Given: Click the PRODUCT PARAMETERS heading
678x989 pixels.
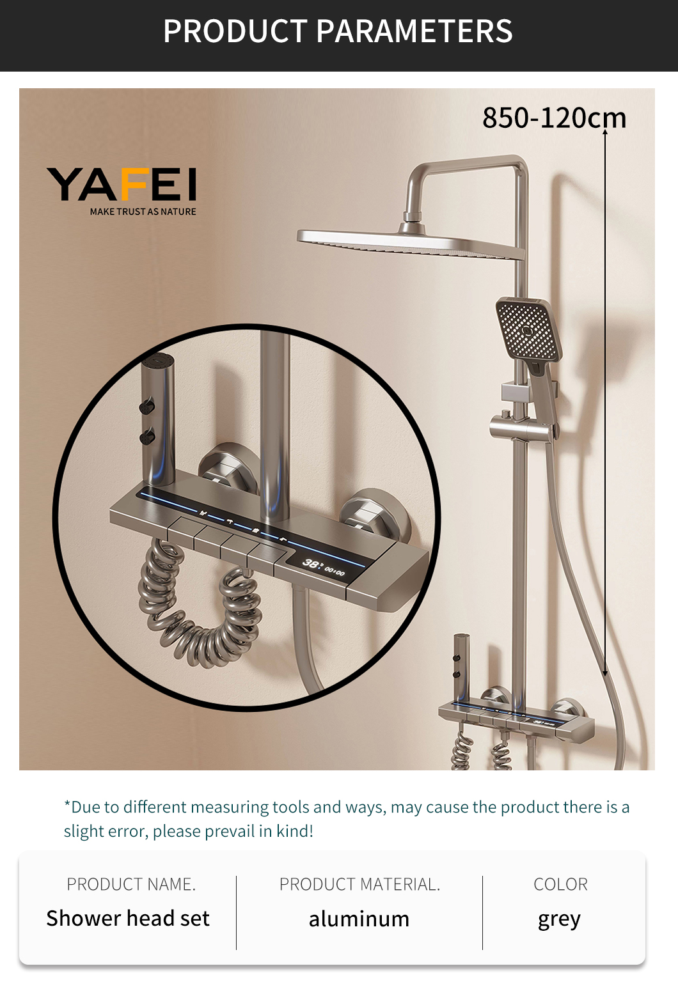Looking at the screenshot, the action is coord(338,31).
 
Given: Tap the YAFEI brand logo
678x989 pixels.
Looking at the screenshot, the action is coord(122,185).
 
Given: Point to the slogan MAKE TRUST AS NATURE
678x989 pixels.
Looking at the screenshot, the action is coord(143,212).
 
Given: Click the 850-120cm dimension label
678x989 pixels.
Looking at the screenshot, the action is coord(555,118).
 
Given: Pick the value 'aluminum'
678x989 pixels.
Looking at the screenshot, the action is coord(359,919).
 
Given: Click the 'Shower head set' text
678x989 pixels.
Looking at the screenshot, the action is coord(128,918).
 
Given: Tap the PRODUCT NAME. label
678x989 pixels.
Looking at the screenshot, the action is coord(131,884).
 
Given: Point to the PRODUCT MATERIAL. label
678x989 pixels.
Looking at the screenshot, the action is coord(360,884).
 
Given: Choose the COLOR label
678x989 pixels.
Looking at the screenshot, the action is coord(560,884).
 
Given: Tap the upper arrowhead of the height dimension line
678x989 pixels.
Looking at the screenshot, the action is coord(605,131).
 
